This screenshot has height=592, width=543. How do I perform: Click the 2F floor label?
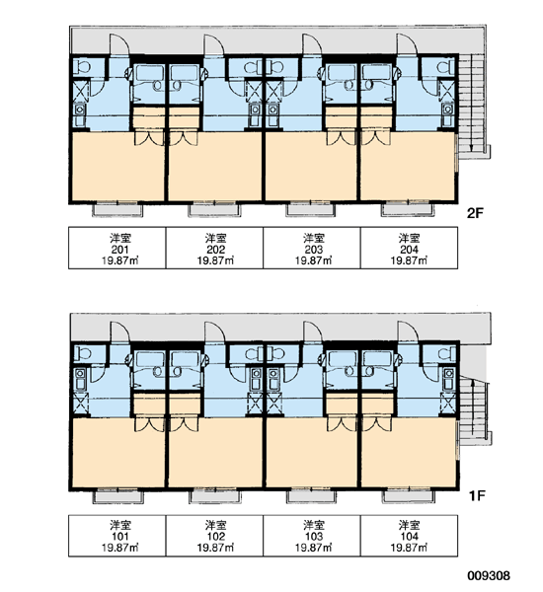tap(475, 213)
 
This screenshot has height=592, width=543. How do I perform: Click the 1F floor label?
tap(477, 495)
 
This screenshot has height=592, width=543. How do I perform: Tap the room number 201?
tap(119, 250)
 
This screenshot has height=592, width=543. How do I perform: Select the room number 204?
tap(410, 250)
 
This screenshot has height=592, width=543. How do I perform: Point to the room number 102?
tap(216, 537)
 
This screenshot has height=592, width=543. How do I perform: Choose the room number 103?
tap(314, 537)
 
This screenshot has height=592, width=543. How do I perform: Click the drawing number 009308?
tap(489, 576)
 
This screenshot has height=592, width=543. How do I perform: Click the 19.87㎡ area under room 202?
tap(214, 260)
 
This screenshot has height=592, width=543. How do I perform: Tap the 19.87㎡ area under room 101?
tap(119, 548)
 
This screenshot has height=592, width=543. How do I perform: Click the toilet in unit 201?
tap(82, 67)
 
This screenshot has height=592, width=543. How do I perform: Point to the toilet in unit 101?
tap(82, 354)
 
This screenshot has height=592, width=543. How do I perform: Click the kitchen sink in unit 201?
tap(80, 114)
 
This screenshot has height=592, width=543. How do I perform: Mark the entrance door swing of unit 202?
tap(214, 45)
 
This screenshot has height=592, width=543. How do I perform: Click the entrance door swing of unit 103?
tap(313, 332)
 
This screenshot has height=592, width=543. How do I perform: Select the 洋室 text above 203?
tap(314, 238)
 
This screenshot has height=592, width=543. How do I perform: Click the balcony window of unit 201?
tap(117, 209)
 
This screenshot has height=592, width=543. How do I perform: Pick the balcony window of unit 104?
tap(406, 495)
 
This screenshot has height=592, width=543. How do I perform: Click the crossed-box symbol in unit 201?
tap(81, 91)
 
